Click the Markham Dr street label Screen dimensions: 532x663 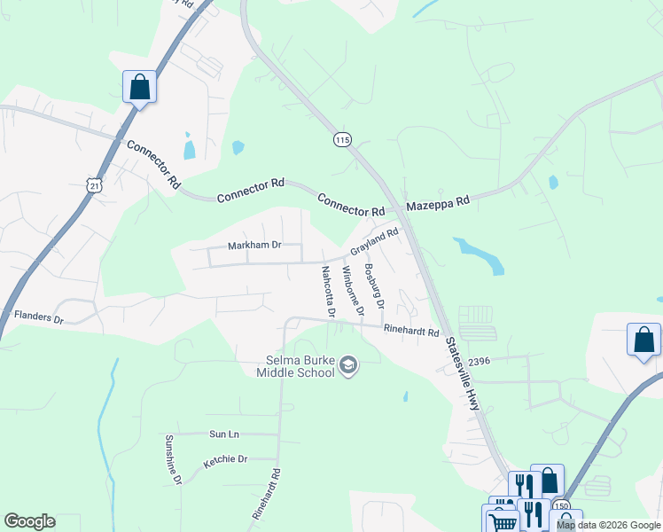[254, 245]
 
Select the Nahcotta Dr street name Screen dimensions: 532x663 [328, 292]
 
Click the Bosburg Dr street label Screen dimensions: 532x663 [374, 286]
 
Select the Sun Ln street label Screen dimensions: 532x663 [224, 434]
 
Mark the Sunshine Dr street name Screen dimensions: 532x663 [172, 459]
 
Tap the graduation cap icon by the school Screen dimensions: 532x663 [349, 366]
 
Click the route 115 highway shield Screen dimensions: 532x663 [343, 140]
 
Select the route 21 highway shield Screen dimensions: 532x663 [95, 184]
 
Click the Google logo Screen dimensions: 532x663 [29, 521]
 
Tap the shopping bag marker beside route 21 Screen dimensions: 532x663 [139, 87]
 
